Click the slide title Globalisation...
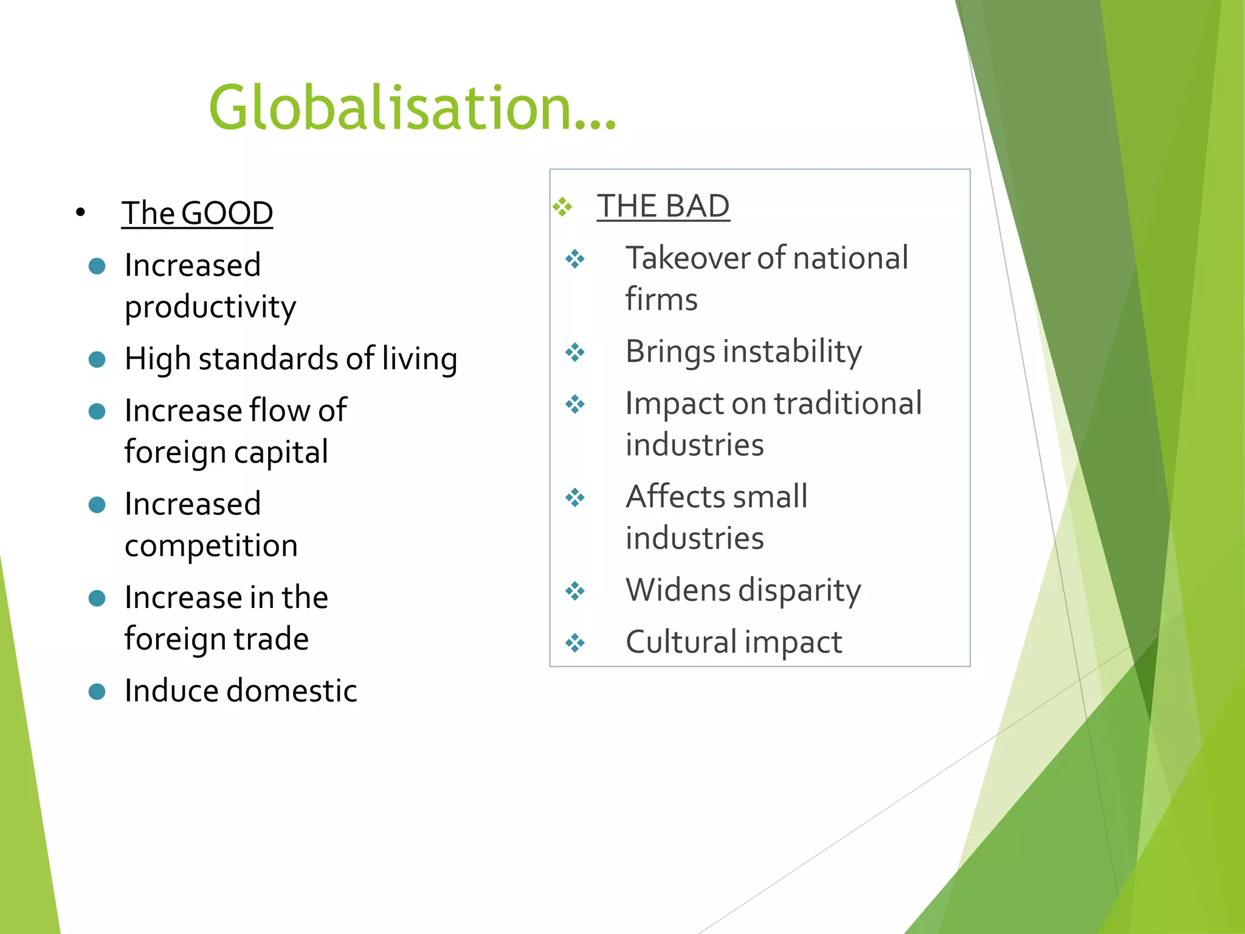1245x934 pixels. coord(412,108)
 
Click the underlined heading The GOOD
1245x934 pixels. coord(197,213)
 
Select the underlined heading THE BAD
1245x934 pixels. coord(663,206)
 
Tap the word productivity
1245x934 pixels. coord(210,307)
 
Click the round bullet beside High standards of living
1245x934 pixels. coord(97,359)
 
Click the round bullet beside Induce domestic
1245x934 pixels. coord(97,691)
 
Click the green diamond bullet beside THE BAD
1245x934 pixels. coord(562,207)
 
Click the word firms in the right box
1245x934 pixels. coord(661,300)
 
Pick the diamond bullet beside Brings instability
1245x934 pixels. coord(575,352)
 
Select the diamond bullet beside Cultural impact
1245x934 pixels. coord(575,643)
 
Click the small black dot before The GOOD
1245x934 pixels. coord(80,213)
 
